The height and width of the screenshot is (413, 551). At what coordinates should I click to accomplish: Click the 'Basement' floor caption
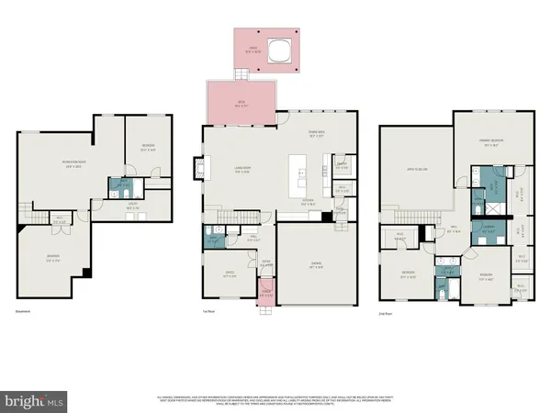tap(22, 313)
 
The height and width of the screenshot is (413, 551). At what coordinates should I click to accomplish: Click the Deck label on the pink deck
tap(242, 103)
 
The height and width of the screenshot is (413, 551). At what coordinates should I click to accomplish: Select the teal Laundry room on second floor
tap(487, 229)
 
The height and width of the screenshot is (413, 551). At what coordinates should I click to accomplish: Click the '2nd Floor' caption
tap(386, 313)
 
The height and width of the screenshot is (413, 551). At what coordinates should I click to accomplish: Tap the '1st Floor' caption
tap(208, 313)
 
